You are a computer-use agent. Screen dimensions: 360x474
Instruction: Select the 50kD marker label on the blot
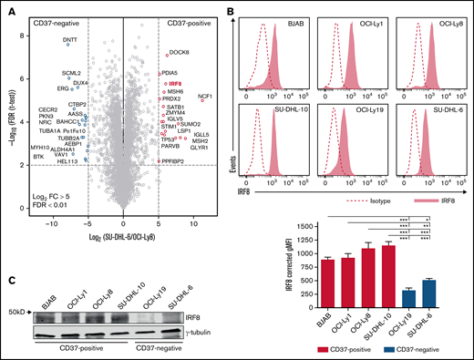(15, 312)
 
